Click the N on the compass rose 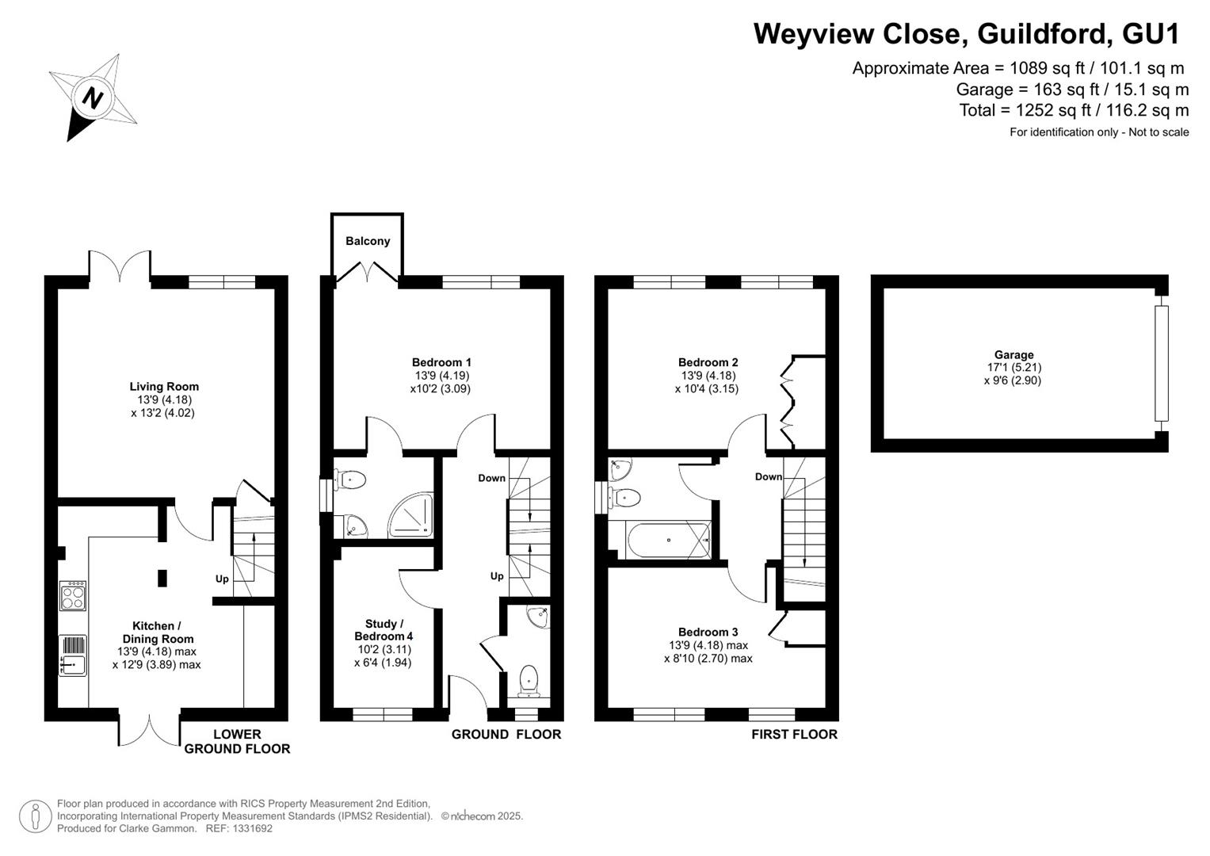tap(93, 98)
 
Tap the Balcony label tap(368, 241)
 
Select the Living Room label tap(164, 387)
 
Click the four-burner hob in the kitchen tap(73, 595)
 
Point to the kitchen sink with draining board tap(72, 655)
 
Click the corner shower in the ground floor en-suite tap(411, 515)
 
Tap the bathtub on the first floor tap(668, 539)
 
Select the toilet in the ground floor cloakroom tap(529, 680)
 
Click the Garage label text tap(1014, 354)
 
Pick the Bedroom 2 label tap(708, 362)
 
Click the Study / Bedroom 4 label tap(384, 630)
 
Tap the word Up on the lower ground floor tap(222, 579)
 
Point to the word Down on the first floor tap(769, 476)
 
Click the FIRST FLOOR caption tap(795, 734)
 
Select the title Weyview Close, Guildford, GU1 tap(967, 33)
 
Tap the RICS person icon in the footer tap(35, 816)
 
